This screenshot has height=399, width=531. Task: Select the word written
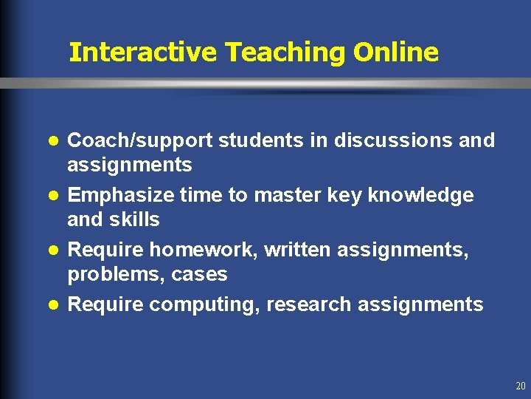[x=298, y=250]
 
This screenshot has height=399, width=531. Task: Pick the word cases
[x=199, y=275]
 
